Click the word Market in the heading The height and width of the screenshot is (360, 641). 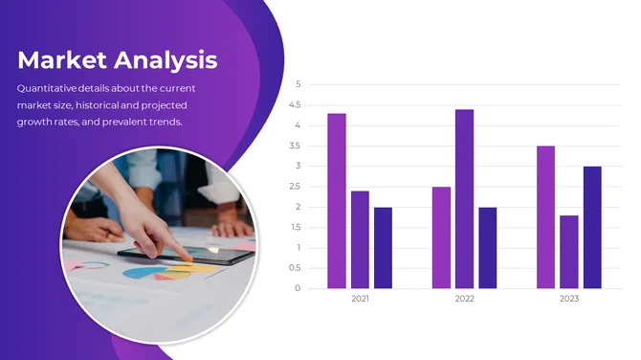point(60,60)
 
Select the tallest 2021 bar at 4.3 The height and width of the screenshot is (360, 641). point(337,201)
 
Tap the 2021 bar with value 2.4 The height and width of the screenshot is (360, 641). point(360,239)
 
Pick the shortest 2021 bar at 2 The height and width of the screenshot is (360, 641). point(383,248)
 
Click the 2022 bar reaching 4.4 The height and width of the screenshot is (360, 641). point(464,199)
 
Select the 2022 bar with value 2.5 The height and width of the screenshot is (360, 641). point(441,237)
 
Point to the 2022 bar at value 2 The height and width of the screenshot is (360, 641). point(488,248)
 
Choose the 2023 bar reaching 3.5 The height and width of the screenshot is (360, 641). point(545,217)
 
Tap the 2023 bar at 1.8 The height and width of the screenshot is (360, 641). point(569,252)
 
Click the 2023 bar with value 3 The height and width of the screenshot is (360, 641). point(592,227)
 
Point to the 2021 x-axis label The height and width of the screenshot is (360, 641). point(360,300)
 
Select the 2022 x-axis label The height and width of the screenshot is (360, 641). point(464,300)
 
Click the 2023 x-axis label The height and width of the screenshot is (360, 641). point(569,300)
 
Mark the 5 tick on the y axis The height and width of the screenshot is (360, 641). point(298,84)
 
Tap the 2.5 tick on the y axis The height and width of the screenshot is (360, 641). point(296,187)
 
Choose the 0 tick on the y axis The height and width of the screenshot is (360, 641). point(298,288)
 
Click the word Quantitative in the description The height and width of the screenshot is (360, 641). point(48,89)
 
